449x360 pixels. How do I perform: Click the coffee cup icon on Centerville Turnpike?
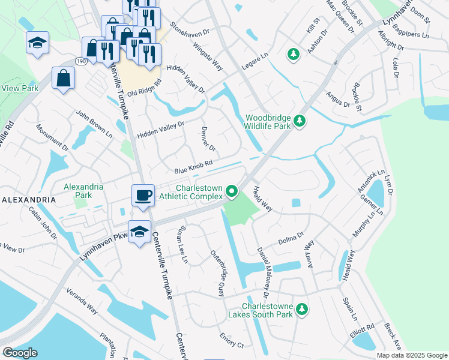142,195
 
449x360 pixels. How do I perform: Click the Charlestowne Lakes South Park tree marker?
304,309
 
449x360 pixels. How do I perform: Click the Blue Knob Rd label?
194,167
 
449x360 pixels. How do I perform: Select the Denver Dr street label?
207,140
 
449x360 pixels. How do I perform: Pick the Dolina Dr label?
292,238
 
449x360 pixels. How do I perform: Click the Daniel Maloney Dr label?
262,273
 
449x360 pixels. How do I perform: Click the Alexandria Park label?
83,191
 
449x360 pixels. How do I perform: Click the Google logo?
20,353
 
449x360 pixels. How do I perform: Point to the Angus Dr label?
337,100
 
